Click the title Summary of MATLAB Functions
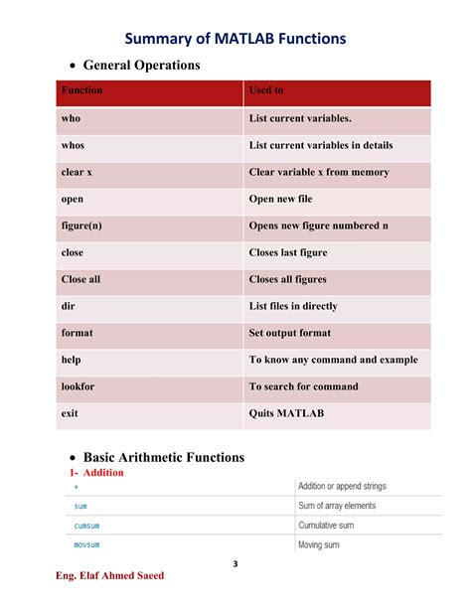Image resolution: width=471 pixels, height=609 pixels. [x=235, y=39]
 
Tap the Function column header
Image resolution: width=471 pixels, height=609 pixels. [x=81, y=90]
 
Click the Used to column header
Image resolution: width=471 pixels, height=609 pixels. [x=266, y=90]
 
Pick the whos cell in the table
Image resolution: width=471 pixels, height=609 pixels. [x=73, y=145]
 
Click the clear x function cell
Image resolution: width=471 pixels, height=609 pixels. [x=77, y=172]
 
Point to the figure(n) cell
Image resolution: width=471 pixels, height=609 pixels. [x=81, y=226]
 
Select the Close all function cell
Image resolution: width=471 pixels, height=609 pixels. [x=80, y=279]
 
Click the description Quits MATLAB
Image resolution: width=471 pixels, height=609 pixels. [x=286, y=412]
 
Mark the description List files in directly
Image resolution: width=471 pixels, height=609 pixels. [x=307, y=306]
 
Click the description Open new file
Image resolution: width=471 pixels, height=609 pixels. [x=287, y=199]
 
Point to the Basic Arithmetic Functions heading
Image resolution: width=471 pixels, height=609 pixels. [x=164, y=457]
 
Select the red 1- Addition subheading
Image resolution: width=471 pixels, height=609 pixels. [x=96, y=473]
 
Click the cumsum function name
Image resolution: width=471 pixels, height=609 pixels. [x=87, y=526]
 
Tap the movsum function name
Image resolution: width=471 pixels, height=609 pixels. [x=87, y=545]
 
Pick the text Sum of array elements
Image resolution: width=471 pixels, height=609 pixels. [x=337, y=506]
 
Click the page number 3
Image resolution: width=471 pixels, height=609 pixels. [x=235, y=564]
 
